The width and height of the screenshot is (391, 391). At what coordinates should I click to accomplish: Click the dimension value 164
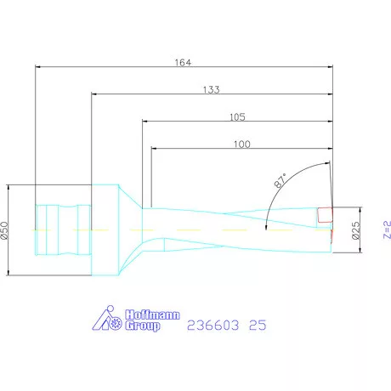[183, 62]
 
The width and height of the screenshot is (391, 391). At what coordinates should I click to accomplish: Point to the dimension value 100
[241, 144]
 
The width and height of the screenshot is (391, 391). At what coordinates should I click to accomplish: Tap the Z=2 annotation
[385, 229]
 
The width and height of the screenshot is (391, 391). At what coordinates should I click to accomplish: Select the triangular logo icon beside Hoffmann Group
[106, 320]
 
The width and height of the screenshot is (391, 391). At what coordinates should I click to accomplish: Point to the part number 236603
[213, 323]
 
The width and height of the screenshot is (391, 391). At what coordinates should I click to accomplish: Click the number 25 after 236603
[260, 323]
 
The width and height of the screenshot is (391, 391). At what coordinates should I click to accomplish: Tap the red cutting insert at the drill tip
[324, 215]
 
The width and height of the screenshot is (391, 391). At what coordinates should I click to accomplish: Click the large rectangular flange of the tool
[105, 229]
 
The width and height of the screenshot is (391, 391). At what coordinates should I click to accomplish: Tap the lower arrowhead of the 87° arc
[267, 226]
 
